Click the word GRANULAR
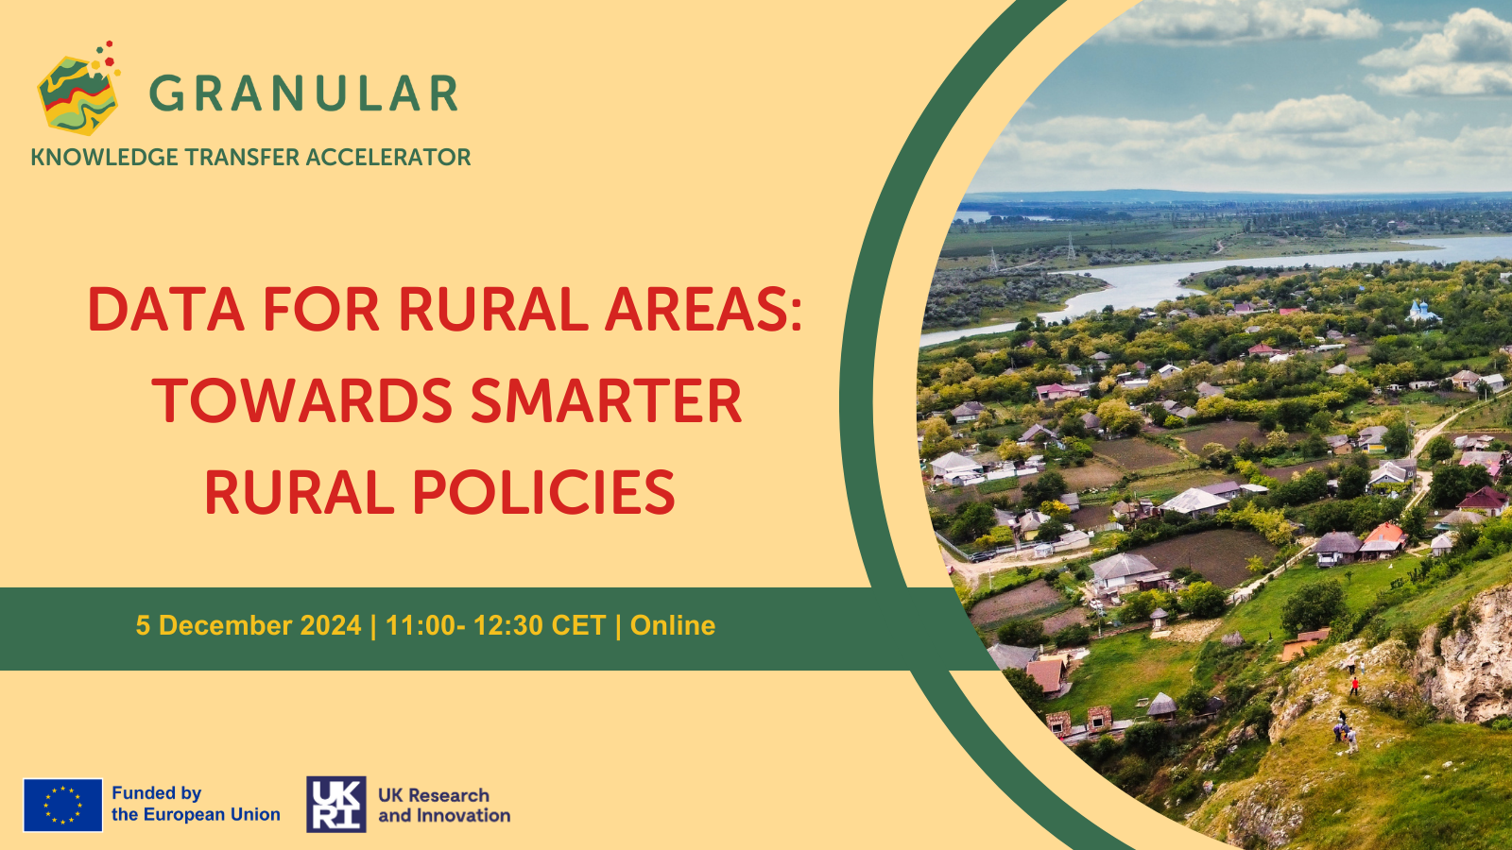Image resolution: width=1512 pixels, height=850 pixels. coord(303,93)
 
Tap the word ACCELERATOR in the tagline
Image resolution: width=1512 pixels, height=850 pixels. coord(388,157)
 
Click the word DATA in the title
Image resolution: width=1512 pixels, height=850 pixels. coord(165,309)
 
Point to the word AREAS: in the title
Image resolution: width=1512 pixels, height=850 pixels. coord(703,309)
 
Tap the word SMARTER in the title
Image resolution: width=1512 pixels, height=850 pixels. coord(606,400)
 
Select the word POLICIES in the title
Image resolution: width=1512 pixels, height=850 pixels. coord(543,492)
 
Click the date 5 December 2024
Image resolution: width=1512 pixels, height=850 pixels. coord(249,625)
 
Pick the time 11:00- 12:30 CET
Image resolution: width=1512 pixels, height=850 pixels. coord(495,625)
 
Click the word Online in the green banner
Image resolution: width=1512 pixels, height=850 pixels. coord(672,625)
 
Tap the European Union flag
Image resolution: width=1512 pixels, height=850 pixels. coord(62,805)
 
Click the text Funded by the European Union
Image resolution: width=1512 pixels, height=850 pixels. coord(196,804)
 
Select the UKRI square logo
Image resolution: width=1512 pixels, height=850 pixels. coord(336,804)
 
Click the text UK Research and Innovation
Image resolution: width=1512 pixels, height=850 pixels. coord(444,805)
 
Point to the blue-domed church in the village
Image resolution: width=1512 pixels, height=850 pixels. coord(1421,312)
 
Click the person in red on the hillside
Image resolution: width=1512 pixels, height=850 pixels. coord(1353,686)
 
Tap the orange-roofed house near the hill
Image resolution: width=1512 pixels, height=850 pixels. coord(1383,538)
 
